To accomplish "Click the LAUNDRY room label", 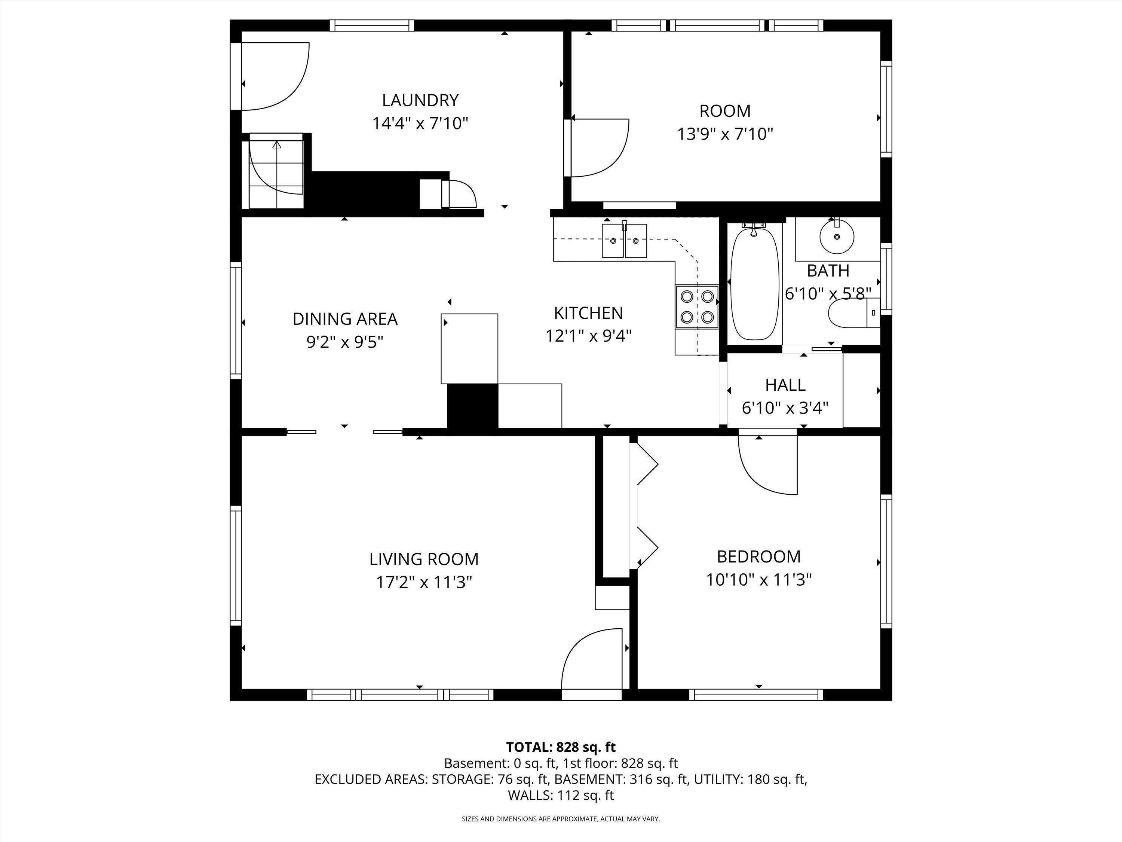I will coord(420,100).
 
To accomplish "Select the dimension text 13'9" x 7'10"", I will coord(725,134).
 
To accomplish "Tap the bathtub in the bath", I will coord(754,284).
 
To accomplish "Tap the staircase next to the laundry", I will coord(275,171).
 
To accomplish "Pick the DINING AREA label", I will coord(345,319).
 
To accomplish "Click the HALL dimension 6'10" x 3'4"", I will coord(785,408).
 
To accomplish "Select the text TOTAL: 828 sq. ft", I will coord(561,747).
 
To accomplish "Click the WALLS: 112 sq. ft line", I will coord(561,795).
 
